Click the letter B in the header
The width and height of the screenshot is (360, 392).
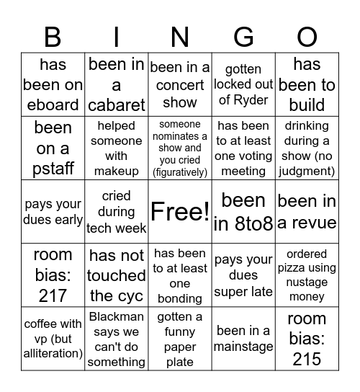tap(53, 36)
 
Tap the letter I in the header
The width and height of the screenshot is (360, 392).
tap(117, 36)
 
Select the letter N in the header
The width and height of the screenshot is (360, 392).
tap(180, 36)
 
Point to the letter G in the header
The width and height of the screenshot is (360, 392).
tap(243, 36)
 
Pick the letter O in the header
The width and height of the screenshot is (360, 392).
tap(307, 36)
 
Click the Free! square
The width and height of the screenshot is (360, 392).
tap(180, 211)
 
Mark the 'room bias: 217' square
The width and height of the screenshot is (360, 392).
tap(53, 275)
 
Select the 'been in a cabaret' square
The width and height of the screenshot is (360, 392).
tap(117, 84)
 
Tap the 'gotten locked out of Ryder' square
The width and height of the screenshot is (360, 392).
tap(243, 84)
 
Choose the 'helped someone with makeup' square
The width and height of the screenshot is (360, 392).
tap(117, 148)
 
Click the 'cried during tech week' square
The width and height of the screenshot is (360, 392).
tap(117, 211)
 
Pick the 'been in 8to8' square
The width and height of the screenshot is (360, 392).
tap(243, 211)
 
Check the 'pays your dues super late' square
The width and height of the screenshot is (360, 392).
tap(243, 275)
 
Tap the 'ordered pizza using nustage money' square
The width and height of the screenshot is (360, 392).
tap(307, 275)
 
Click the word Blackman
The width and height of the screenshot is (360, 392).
tap(117, 317)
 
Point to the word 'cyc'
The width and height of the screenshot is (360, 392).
tap(132, 295)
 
